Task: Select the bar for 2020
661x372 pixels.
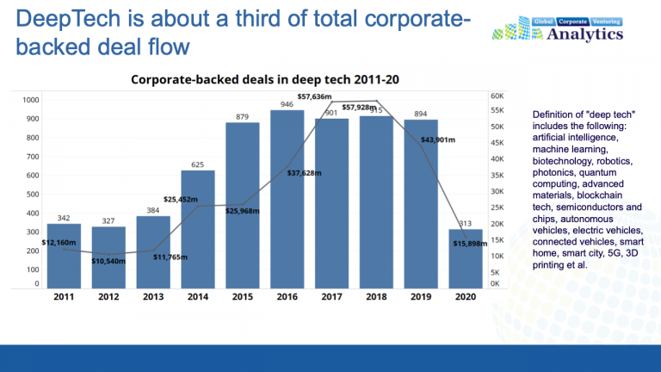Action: pyautogui.click(x=466, y=258)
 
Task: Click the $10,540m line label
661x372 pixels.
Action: pyautogui.click(x=108, y=260)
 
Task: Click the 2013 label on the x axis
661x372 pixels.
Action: pyautogui.click(x=153, y=296)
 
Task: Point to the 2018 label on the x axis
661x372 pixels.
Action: pyautogui.click(x=376, y=296)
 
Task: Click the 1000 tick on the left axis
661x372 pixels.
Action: pyautogui.click(x=30, y=101)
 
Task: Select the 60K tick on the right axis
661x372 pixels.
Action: pyautogui.click(x=497, y=96)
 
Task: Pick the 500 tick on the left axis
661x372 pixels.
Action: pyautogui.click(x=32, y=195)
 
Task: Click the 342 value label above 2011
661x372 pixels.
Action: pyautogui.click(x=64, y=219)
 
